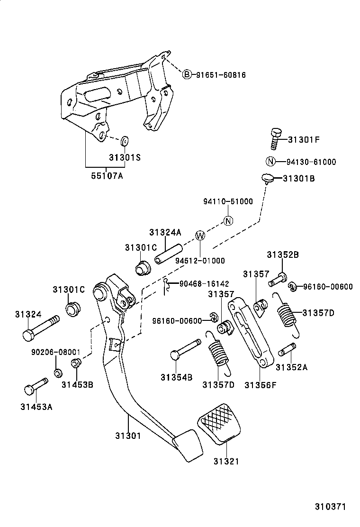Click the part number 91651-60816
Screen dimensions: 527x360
click(x=219, y=75)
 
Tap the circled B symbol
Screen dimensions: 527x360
click(x=187, y=74)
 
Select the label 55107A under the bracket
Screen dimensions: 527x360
click(x=107, y=176)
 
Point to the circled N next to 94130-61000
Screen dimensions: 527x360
click(x=270, y=162)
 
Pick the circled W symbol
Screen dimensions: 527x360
click(x=200, y=236)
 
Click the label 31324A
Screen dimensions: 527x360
click(x=165, y=232)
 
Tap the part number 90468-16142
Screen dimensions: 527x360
click(x=204, y=284)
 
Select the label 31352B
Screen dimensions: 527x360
click(x=282, y=254)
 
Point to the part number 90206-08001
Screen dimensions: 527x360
click(x=55, y=353)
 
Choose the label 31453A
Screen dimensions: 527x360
click(x=36, y=406)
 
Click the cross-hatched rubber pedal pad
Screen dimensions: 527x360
click(x=219, y=423)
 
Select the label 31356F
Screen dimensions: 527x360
click(x=260, y=385)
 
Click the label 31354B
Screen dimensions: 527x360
click(x=176, y=377)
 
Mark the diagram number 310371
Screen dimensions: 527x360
click(x=331, y=506)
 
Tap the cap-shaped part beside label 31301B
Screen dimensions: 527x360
click(x=268, y=178)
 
